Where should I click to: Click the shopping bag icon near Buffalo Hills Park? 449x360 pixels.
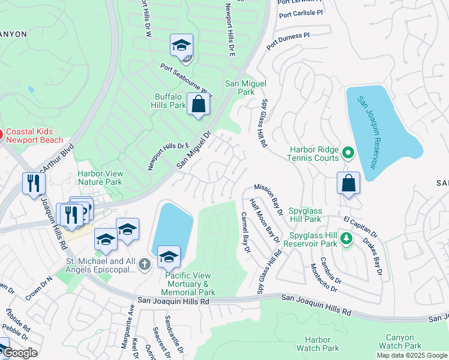pos(198,105)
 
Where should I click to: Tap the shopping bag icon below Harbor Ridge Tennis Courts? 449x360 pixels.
pos(348,184)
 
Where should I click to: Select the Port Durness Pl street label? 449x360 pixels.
pos(288,40)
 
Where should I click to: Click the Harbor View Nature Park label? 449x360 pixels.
pos(100,178)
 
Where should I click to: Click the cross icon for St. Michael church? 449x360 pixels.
pos(144,263)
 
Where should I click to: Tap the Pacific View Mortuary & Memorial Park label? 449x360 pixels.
pos(187,283)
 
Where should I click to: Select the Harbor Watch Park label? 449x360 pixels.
pos(318,344)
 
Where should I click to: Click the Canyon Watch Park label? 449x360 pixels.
pos(400,341)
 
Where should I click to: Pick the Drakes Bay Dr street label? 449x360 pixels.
pos(372,256)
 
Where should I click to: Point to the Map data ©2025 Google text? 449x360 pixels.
pos(412,355)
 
